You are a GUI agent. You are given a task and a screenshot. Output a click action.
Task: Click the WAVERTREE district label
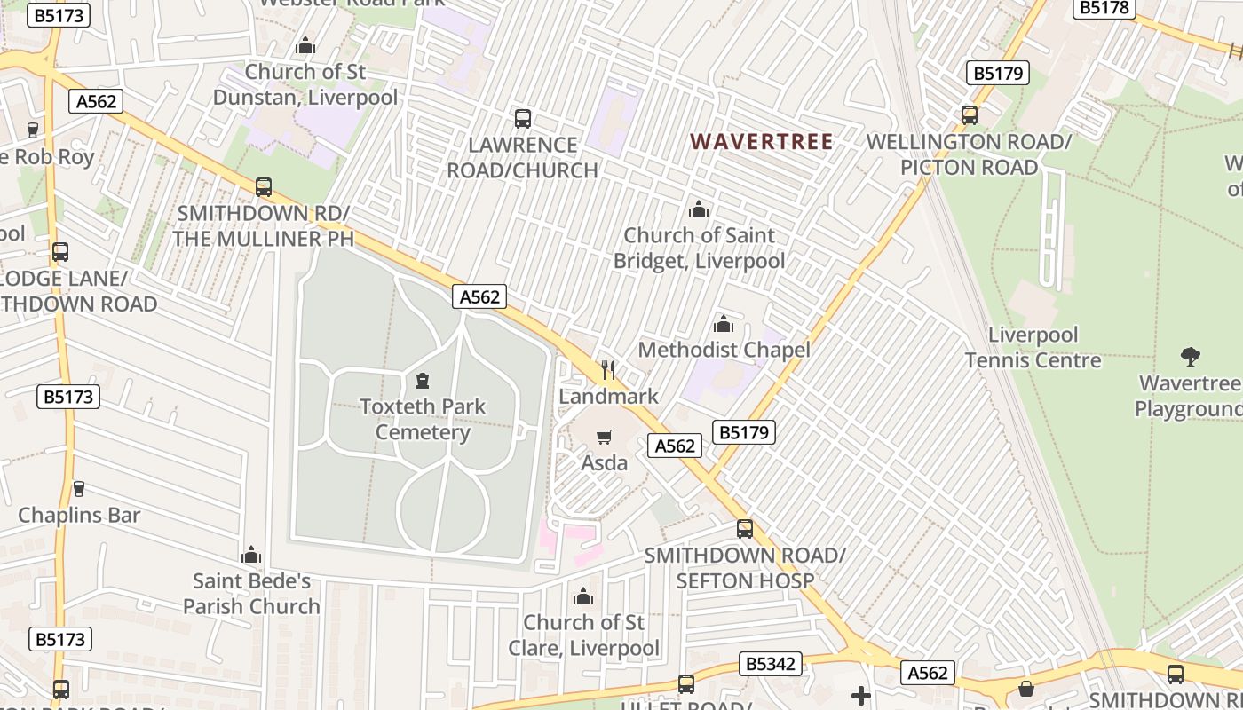[x=762, y=141]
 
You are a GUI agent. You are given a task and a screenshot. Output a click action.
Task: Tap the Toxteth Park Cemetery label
[x=423, y=420]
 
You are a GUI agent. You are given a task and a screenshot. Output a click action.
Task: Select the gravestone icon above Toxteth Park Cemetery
[x=423, y=382]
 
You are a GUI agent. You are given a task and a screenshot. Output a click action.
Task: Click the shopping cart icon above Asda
[x=605, y=437]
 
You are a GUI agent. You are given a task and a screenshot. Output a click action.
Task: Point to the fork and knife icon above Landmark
[x=608, y=369]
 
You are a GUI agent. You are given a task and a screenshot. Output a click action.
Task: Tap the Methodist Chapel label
[x=724, y=350]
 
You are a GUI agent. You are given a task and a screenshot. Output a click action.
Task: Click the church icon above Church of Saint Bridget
[x=699, y=210]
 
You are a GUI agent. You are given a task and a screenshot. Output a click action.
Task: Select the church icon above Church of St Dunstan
[x=305, y=45]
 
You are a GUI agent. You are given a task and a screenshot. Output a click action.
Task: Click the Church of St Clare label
[x=583, y=635]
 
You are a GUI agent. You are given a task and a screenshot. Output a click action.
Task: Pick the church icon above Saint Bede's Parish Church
[x=251, y=556]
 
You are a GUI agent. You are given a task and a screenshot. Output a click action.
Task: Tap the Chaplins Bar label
[x=79, y=515]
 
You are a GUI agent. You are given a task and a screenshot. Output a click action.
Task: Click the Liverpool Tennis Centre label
[x=1033, y=347]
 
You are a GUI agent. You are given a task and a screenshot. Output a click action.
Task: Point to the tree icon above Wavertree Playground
[x=1191, y=357]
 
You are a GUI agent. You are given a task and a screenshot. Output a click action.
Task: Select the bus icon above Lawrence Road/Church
[x=523, y=118]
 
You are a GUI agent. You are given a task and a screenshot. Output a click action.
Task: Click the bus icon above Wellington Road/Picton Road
[x=970, y=114]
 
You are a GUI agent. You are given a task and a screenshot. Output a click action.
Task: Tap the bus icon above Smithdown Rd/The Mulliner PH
[x=264, y=187]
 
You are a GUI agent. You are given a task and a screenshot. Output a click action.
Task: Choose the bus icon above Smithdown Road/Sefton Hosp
[x=745, y=529]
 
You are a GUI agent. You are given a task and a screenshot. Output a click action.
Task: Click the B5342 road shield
[x=770, y=664]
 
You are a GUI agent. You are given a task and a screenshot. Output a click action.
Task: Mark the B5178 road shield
[x=1104, y=8]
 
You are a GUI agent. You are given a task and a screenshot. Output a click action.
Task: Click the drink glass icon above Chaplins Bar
[x=78, y=488]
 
